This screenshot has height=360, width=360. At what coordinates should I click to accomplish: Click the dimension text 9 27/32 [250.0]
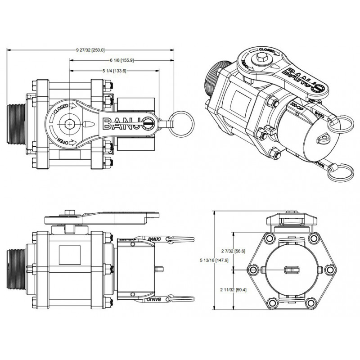(x=90, y=50)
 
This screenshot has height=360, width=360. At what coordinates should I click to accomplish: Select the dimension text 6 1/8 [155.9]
(x=122, y=60)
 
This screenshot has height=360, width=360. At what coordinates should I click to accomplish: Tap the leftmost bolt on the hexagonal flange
(x=253, y=270)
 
